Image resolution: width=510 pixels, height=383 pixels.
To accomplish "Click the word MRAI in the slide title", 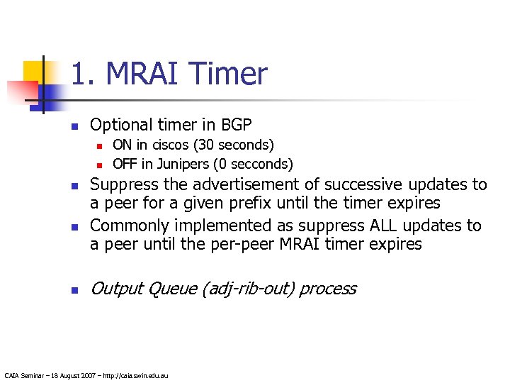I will (x=146, y=74).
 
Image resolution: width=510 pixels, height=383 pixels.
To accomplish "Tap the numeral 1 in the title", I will (x=79, y=74).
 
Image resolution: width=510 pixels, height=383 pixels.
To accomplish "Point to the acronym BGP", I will (x=237, y=126).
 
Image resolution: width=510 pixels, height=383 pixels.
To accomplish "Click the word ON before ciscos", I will (x=123, y=145).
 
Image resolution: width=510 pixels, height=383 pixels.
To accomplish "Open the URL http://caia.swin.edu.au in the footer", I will (x=136, y=375).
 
